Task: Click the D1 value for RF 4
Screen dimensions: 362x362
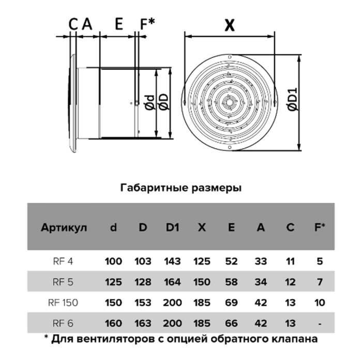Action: pos(172,261)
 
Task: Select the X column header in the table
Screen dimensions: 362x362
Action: pos(202,228)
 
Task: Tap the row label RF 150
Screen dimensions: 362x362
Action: pos(63,303)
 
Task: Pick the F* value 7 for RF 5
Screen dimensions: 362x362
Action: pos(320,282)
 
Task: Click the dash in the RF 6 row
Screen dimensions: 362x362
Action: pos(320,324)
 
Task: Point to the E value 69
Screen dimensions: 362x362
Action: pos(231,303)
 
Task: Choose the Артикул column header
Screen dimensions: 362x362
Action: pos(64,228)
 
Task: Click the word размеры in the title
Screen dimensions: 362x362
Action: pos(217,188)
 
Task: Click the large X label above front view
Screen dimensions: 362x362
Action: pos(230,25)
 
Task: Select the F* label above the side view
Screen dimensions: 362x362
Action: pos(147,24)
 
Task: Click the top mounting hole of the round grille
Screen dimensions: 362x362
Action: pos(230,57)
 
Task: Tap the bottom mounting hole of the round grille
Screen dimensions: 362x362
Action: pos(230,147)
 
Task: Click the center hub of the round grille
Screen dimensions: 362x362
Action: pos(230,102)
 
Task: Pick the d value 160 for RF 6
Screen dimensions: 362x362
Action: pos(113,323)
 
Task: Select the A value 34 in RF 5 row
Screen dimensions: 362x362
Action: pos(261,282)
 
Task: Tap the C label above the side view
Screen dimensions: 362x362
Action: pos(73,24)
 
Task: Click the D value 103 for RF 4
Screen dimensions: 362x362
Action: pos(143,261)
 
